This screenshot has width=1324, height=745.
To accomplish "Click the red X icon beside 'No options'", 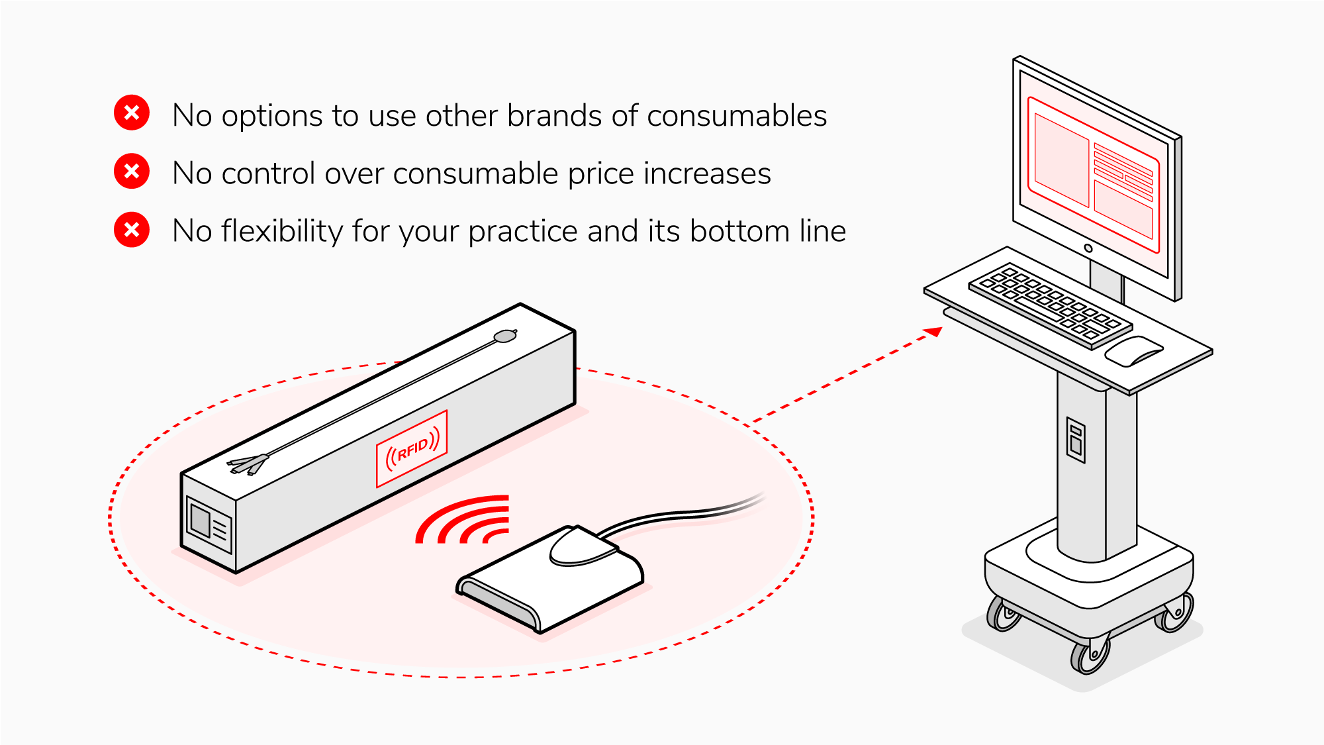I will tap(132, 113).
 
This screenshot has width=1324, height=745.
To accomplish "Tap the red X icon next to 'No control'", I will tap(132, 172).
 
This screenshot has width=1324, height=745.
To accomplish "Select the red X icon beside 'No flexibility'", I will tap(132, 230).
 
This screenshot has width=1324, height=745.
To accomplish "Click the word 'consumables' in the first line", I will tap(736, 116).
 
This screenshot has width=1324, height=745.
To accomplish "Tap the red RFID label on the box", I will tap(412, 448).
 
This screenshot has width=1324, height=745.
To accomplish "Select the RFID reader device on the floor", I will tap(549, 583).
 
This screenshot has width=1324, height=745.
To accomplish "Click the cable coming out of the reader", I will tap(688, 513).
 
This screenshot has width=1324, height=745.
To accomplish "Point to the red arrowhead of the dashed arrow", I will tap(934, 331).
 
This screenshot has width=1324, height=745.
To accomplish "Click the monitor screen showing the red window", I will tap(1092, 175).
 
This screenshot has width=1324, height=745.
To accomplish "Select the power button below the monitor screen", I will tap(1088, 248).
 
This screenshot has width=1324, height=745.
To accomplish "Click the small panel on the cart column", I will tap(1076, 440).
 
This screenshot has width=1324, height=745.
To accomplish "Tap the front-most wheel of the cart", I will tap(1090, 656).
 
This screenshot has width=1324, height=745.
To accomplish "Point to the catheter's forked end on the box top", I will tap(248, 464).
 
